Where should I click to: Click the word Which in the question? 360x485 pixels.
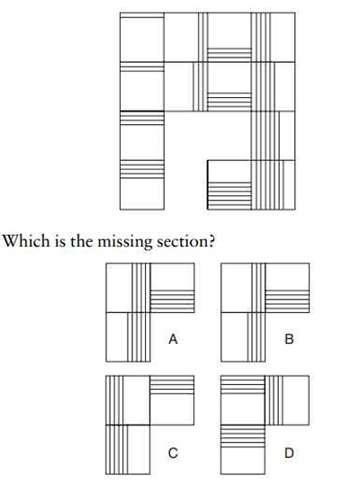[26, 241]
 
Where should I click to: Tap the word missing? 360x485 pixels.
[124, 242]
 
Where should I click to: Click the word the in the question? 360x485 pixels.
[81, 241]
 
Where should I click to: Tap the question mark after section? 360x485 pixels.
[211, 241]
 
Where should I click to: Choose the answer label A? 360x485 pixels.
[173, 339]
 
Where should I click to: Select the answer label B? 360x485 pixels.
[289, 339]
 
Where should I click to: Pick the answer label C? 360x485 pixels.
[173, 454]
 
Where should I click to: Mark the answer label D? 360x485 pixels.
[289, 454]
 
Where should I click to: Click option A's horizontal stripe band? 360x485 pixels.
[172, 301]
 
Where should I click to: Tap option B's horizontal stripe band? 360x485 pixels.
[287, 301]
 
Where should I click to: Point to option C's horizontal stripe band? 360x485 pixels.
[172, 385]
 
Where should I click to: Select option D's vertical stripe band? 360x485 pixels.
[274, 400]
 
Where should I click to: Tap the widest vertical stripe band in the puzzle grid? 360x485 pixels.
[267, 185]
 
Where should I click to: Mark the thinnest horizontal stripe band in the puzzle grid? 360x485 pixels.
[142, 15]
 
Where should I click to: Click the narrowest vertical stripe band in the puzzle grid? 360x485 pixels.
[202, 37]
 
